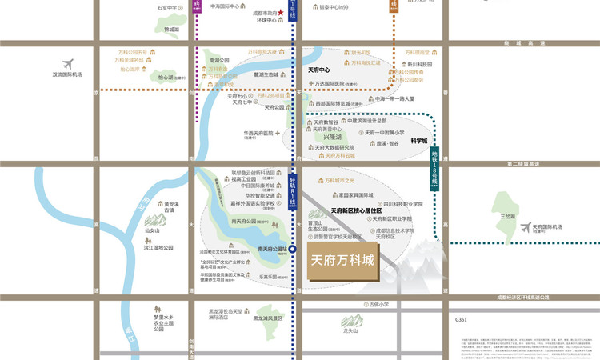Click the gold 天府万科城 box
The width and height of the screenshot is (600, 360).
pos(342,261)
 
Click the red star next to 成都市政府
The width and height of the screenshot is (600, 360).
pos(280,13)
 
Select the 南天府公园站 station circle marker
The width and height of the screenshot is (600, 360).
pos(294,250)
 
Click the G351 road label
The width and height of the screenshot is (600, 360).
pos(461,319)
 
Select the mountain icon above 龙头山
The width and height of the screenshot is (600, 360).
pos(350,319)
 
